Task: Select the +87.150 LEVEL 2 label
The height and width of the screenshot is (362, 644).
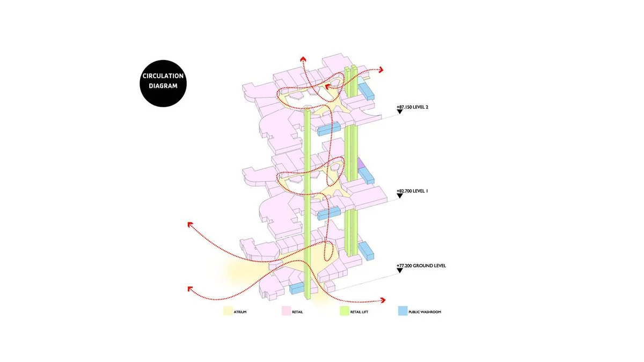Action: coord(416,107)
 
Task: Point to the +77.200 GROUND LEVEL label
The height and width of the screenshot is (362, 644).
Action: coord(421,265)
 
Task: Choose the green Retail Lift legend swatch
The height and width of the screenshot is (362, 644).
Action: coord(345,311)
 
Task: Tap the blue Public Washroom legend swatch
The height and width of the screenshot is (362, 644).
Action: coord(402,311)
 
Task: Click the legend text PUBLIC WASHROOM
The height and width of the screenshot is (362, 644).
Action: coord(425,312)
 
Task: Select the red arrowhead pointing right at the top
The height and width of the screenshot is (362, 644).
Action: coord(381,70)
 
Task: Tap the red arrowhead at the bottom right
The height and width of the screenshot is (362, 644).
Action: coord(383,301)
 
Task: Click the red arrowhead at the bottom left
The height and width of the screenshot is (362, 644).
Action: coord(191,289)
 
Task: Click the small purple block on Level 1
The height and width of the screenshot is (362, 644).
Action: coord(361,162)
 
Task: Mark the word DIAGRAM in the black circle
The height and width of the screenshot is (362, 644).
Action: coord(163,86)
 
